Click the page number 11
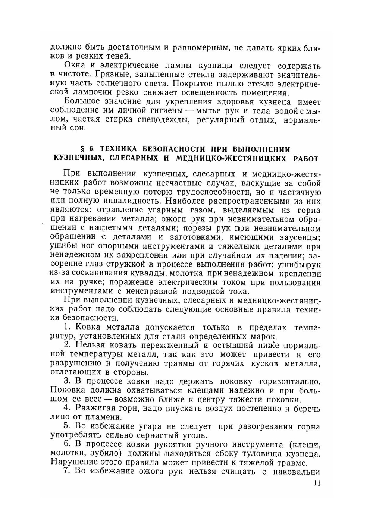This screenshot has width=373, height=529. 317,483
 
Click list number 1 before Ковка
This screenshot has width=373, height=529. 67,327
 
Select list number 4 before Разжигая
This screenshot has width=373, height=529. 67,408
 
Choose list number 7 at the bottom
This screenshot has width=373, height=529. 67,472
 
